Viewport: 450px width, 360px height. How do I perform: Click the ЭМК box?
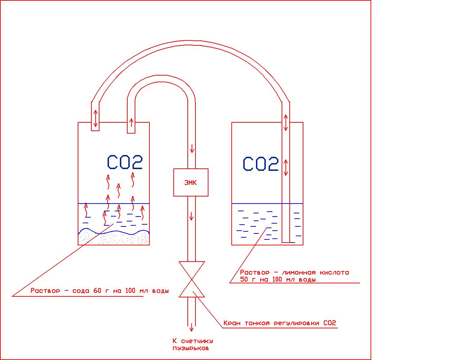tap(191, 182)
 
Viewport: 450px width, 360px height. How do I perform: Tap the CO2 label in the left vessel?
tap(125, 162)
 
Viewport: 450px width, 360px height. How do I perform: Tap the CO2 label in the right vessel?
tap(261, 164)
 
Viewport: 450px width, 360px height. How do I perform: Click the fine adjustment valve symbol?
tap(192, 279)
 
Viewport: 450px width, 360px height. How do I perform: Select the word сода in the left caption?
tap(81, 291)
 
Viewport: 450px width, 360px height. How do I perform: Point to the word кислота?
tap(335, 272)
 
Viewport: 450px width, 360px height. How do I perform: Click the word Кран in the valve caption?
tap(232, 323)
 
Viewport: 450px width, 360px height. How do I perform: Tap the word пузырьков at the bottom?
tap(191, 348)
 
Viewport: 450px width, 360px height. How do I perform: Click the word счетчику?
tap(197, 341)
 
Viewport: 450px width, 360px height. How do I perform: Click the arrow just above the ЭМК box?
tap(192, 149)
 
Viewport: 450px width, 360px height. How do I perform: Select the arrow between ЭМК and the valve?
tap(191, 216)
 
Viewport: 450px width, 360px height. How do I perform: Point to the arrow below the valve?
tap(192, 327)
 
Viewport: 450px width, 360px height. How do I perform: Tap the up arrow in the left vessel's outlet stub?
tap(131, 123)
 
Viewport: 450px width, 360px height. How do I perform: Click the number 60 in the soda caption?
tap(97, 291)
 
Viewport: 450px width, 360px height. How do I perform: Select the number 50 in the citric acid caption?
tap(245, 280)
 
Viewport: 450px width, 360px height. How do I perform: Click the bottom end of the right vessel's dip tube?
tap(286, 242)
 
